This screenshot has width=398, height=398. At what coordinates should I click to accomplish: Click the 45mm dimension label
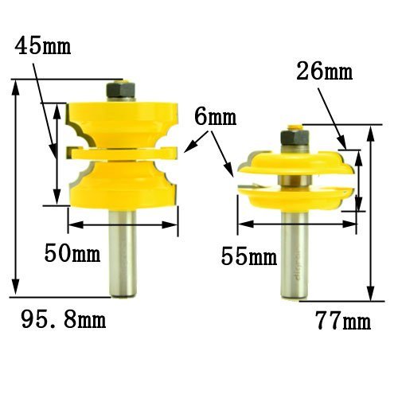point(43,47)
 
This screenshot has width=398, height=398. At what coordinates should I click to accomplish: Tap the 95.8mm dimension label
point(64,319)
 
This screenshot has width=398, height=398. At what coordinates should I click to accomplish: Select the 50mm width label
point(72,253)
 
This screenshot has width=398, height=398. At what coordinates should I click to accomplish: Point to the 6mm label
point(215,117)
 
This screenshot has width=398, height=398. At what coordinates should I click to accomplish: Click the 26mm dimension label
point(324,71)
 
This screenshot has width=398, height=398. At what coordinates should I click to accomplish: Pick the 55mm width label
point(249,256)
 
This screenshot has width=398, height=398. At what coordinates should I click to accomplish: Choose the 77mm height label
point(343,321)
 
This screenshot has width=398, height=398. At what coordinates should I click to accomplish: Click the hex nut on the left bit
point(121,89)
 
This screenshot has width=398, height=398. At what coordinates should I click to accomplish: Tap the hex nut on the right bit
point(295,138)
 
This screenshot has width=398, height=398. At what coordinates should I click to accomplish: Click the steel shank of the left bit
point(123,251)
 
